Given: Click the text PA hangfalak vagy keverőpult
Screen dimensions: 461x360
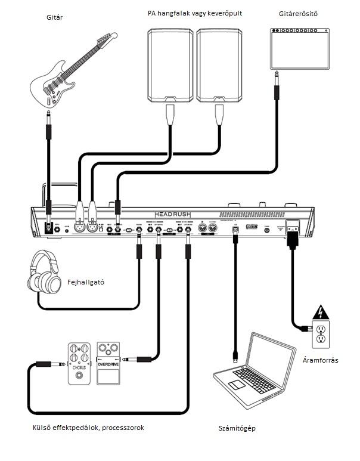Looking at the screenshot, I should [194, 13].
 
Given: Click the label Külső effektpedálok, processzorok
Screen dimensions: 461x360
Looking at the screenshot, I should [88, 428].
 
